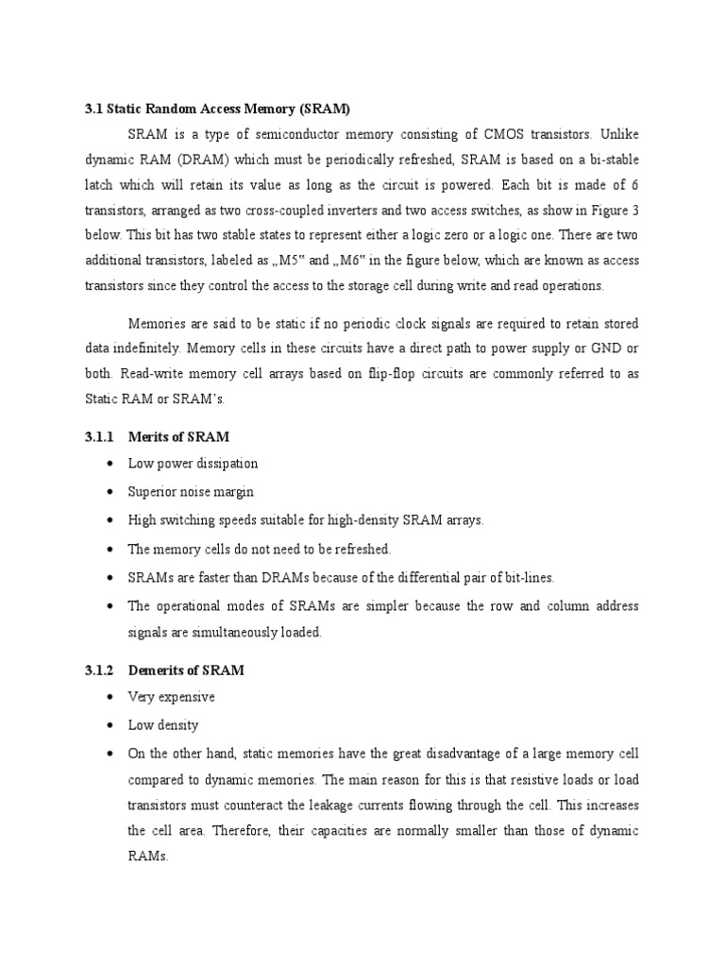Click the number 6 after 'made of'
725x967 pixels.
pos(635,183)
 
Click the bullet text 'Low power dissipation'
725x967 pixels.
pos(194,464)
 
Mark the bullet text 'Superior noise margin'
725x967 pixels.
pos(192,492)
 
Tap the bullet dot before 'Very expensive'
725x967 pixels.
pos(111,697)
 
